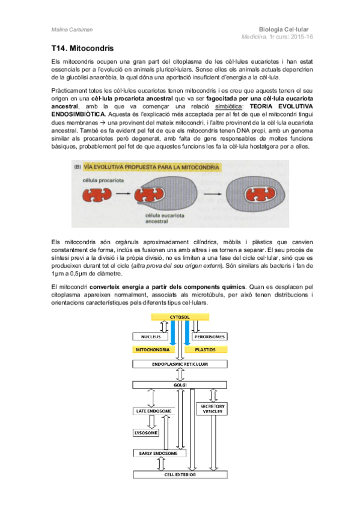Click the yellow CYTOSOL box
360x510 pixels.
pos(180,316)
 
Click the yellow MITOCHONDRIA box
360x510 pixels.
pos(151,349)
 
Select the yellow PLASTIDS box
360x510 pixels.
pos(207,349)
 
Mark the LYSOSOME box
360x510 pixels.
pos(146,432)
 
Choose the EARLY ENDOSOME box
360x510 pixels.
pos(154,453)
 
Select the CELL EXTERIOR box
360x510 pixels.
pos(180,474)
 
